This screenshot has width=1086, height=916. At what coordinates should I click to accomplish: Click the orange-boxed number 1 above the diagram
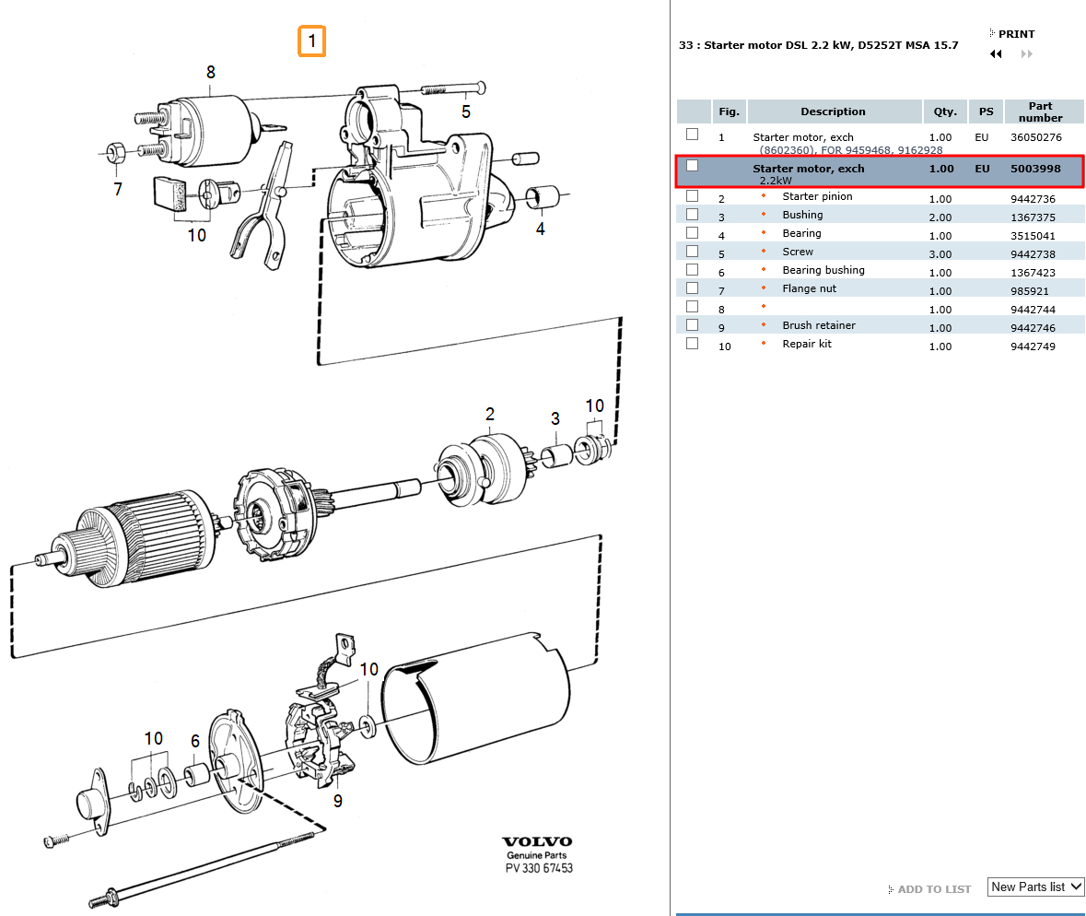[x=311, y=41]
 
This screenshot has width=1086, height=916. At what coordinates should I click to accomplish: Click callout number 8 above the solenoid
[x=211, y=72]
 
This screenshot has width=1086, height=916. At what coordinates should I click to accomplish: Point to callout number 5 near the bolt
[x=466, y=112]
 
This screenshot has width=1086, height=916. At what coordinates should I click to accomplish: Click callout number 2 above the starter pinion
[x=490, y=414]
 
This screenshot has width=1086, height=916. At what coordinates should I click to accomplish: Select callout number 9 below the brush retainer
[x=338, y=801]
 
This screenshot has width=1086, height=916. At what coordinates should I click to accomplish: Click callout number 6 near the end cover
[x=195, y=741]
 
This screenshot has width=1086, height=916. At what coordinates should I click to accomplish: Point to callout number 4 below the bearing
[x=541, y=228]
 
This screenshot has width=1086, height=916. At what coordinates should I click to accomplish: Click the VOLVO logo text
[x=537, y=841]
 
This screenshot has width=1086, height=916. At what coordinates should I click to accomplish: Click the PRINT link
[x=1016, y=34]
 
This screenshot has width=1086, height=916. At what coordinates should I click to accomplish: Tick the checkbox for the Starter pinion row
[x=693, y=196]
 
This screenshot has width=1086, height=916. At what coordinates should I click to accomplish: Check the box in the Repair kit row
[x=693, y=344]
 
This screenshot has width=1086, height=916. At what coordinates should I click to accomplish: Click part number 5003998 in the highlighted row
[x=1035, y=169]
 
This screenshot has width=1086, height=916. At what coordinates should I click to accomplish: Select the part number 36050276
[x=1035, y=137]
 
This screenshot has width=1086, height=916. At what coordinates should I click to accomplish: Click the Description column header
[x=833, y=112]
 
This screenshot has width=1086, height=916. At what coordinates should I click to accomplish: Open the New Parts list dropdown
[x=1035, y=887]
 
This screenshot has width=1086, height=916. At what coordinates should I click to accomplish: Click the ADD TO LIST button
[x=933, y=889]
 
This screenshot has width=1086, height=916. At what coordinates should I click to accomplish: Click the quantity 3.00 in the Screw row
[x=940, y=254]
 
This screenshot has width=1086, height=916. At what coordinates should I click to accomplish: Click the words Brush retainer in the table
[x=819, y=325]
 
